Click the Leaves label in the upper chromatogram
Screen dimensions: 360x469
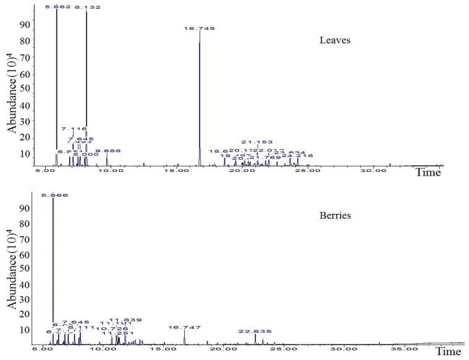click(335, 41)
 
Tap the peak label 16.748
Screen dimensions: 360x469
click(199, 28)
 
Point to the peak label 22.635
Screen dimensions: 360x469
click(255, 332)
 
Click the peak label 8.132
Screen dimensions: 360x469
click(87, 7)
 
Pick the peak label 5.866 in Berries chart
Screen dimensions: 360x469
click(54, 195)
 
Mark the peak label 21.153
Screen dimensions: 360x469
click(256, 142)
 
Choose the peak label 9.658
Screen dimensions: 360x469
click(108, 150)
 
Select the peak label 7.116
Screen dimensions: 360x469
click(75, 129)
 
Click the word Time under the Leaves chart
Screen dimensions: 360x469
click(428, 173)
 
